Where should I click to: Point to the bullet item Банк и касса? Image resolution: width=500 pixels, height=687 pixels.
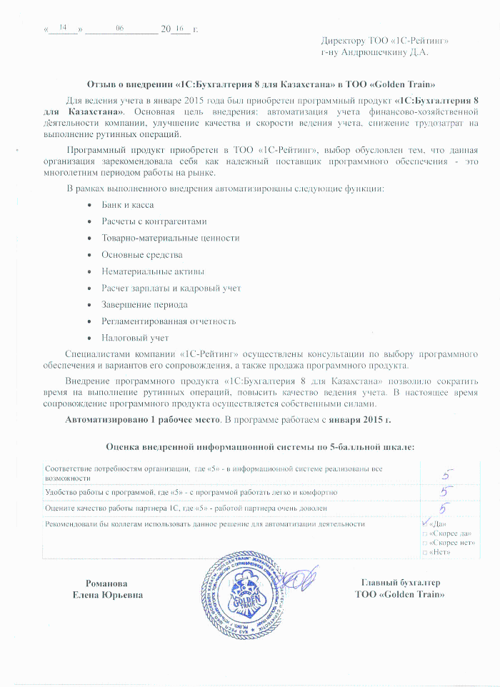click(127, 205)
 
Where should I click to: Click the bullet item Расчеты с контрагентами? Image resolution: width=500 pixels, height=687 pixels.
click(154, 221)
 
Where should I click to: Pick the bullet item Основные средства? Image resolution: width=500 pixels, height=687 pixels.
click(141, 254)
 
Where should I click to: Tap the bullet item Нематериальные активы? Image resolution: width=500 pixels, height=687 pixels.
click(153, 271)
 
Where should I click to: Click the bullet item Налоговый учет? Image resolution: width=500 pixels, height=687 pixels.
click(135, 338)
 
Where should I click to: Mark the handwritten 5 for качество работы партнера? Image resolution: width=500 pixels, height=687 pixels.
click(444, 508)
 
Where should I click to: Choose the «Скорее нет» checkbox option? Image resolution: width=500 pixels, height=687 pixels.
click(426, 543)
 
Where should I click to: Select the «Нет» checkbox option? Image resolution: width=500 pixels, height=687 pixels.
click(426, 553)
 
